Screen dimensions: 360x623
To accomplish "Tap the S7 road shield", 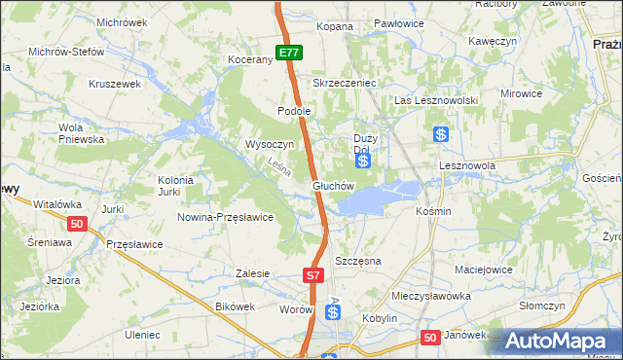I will click(312, 275).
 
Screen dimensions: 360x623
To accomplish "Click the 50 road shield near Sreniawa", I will click(79, 225).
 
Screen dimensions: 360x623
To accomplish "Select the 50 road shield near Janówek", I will click(431, 337).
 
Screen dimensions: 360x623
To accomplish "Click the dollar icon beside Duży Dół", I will click(363, 162).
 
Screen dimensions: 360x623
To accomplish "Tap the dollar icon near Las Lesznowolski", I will click(442, 135).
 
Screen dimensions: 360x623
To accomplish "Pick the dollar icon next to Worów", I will click(333, 312).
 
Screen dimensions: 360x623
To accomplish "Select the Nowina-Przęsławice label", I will click(224, 217).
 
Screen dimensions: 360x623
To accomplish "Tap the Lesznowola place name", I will click(467, 166).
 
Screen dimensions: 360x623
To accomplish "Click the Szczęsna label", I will click(357, 262).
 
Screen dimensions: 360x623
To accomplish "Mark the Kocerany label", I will click(250, 59).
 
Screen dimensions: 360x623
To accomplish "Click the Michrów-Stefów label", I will click(65, 51).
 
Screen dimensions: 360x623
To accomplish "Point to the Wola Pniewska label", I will click(82, 133).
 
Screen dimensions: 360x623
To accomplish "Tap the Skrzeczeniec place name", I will click(344, 84).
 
